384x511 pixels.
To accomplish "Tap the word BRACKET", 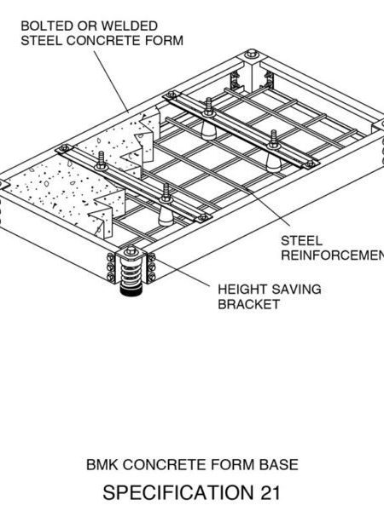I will click(x=248, y=304).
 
